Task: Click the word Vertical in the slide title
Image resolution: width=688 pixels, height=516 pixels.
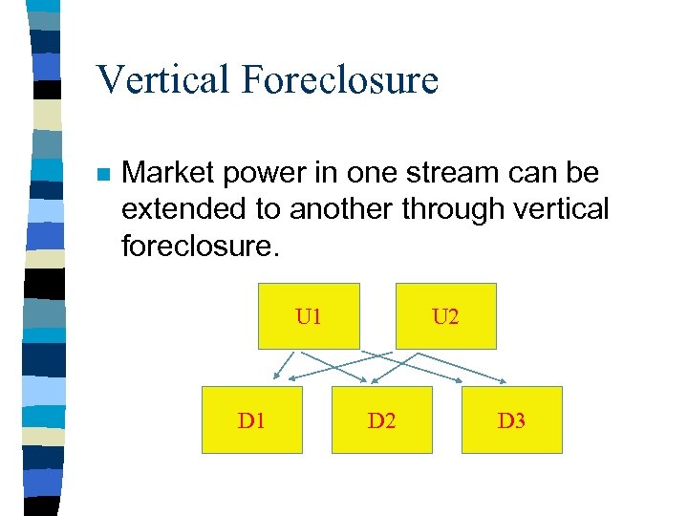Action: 163,79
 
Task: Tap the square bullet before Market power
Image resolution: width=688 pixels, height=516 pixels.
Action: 102,176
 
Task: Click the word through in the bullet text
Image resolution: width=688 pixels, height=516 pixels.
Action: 463,209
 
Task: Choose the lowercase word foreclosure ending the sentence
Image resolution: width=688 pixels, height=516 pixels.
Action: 200,246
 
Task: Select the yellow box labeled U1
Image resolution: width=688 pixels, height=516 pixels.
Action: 309,316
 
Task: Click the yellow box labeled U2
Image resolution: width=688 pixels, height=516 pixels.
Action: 445,316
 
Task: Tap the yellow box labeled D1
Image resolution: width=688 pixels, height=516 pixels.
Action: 251,419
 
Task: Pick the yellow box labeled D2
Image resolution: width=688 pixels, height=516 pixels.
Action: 381,419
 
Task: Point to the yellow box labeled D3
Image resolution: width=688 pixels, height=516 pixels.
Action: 511,419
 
